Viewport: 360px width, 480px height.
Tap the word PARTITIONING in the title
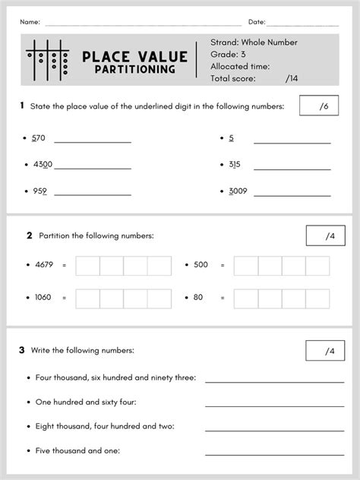coord(135,70)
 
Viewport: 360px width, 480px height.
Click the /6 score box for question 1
coord(320,106)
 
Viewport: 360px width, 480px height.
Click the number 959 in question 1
coord(39,191)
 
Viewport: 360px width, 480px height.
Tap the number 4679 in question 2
coord(45,265)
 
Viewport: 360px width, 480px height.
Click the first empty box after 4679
coord(88,266)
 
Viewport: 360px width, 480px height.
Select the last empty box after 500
coord(317,266)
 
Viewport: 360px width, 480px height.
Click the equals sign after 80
coord(223,298)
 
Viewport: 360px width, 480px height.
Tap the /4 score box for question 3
coord(324,351)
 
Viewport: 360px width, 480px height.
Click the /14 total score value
coord(292,77)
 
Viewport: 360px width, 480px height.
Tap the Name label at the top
coord(30,21)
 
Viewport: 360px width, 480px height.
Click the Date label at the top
coord(257,21)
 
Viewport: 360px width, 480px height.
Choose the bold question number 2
coord(29,235)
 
